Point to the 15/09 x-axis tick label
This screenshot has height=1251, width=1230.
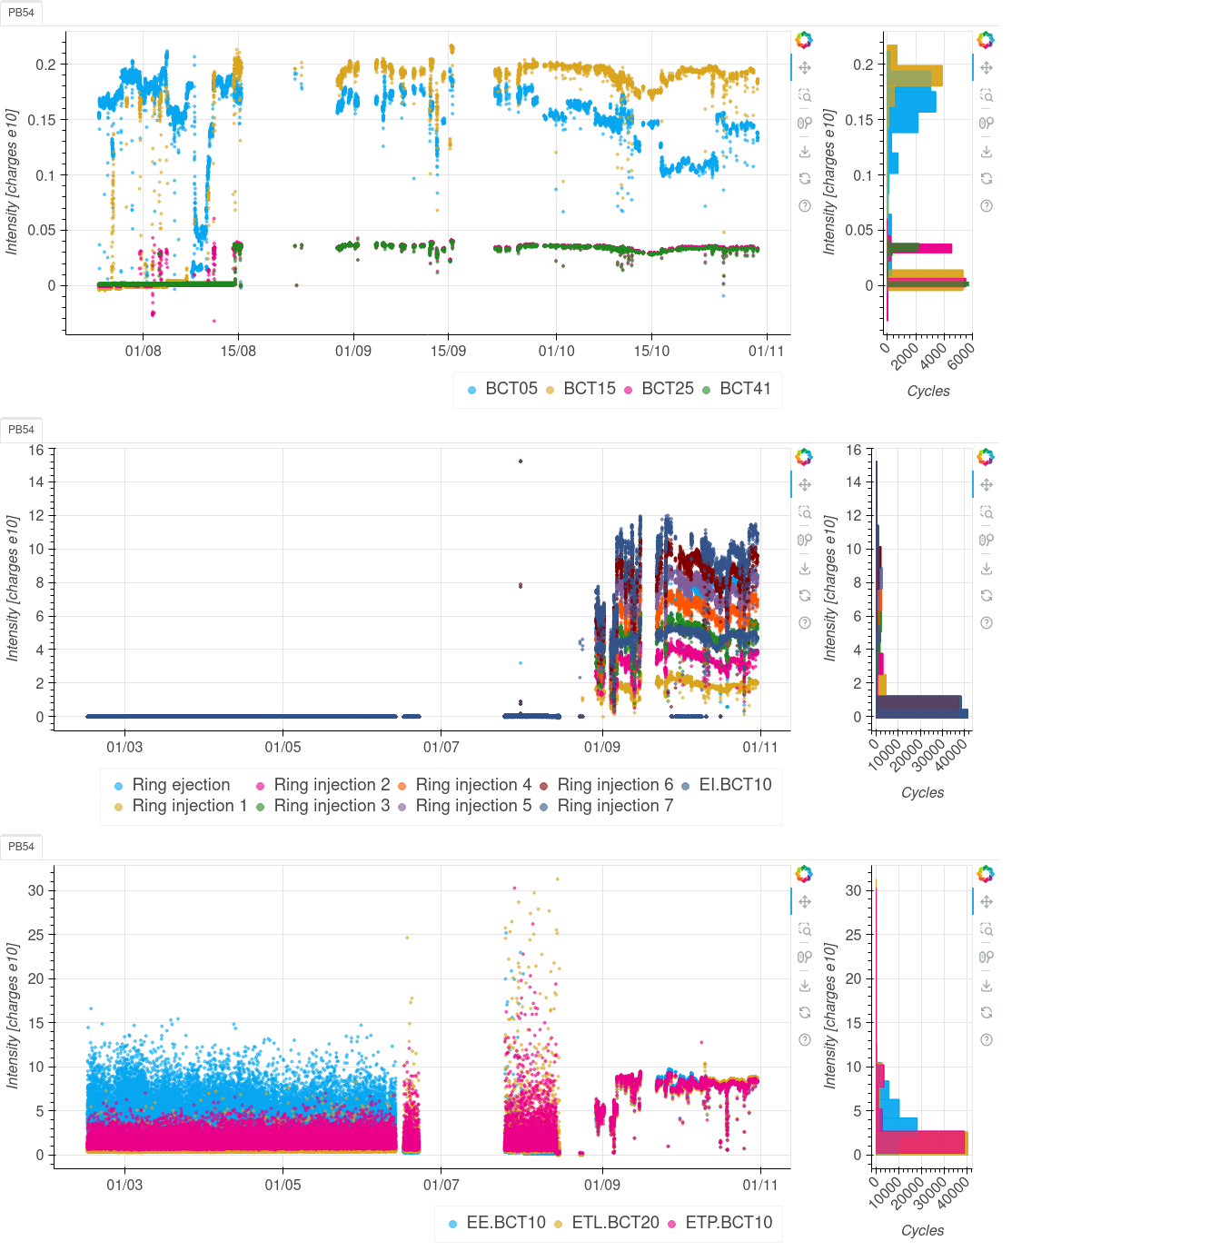[x=448, y=352]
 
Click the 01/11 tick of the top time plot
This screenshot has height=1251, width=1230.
[x=766, y=352]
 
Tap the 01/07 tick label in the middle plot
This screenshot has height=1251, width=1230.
[x=441, y=748]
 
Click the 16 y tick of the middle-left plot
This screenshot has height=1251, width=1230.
[x=36, y=451]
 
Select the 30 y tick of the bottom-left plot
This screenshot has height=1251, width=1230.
[x=36, y=891]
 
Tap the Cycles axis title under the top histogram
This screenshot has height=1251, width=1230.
[x=928, y=392]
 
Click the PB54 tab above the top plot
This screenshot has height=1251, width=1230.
[x=21, y=13]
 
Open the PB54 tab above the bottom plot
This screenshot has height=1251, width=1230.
[x=21, y=847]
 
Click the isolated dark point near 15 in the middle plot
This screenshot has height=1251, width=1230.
[x=521, y=462]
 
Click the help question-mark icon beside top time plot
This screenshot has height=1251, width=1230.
[x=805, y=206]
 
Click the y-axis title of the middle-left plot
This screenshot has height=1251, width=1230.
[x=13, y=588]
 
